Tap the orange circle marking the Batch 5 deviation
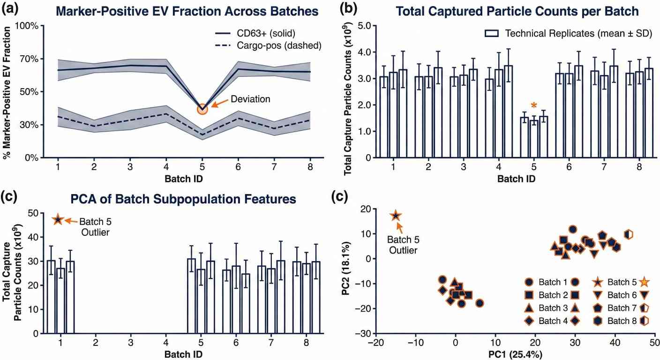coord(202,109)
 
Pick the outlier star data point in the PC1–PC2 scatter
coord(396,216)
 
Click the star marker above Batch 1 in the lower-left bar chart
coord(58,219)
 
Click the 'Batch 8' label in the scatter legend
coord(620,321)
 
